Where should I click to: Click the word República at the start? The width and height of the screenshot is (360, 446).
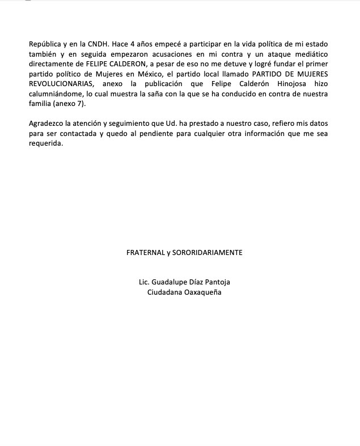tap(45, 44)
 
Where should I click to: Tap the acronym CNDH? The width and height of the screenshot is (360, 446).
tap(99, 44)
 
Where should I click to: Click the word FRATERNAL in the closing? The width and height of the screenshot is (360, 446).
tap(145, 252)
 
